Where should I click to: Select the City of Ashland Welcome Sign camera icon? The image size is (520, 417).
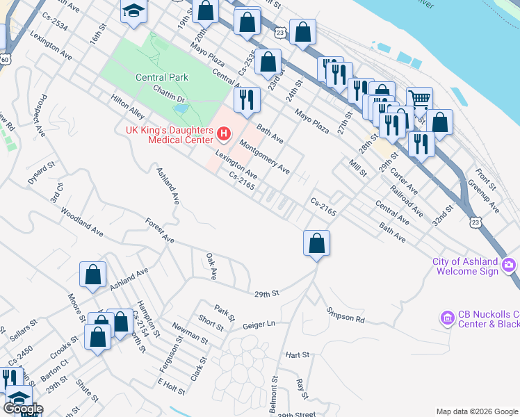[510, 265]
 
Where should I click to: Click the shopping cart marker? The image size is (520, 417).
[419, 99]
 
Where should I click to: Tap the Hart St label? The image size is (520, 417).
[297, 354]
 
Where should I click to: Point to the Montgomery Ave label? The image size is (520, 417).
[264, 156]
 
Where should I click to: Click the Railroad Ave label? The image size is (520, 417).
[406, 202]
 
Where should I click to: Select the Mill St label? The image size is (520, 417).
[357, 166]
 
